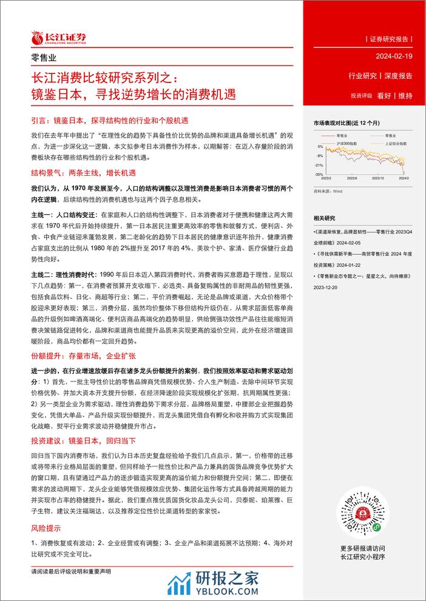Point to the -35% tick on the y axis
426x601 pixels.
coord(319,174)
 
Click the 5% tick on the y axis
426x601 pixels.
coord(320,147)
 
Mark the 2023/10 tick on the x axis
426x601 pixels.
coord(380,178)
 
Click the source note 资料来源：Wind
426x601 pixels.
coord(330,190)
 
